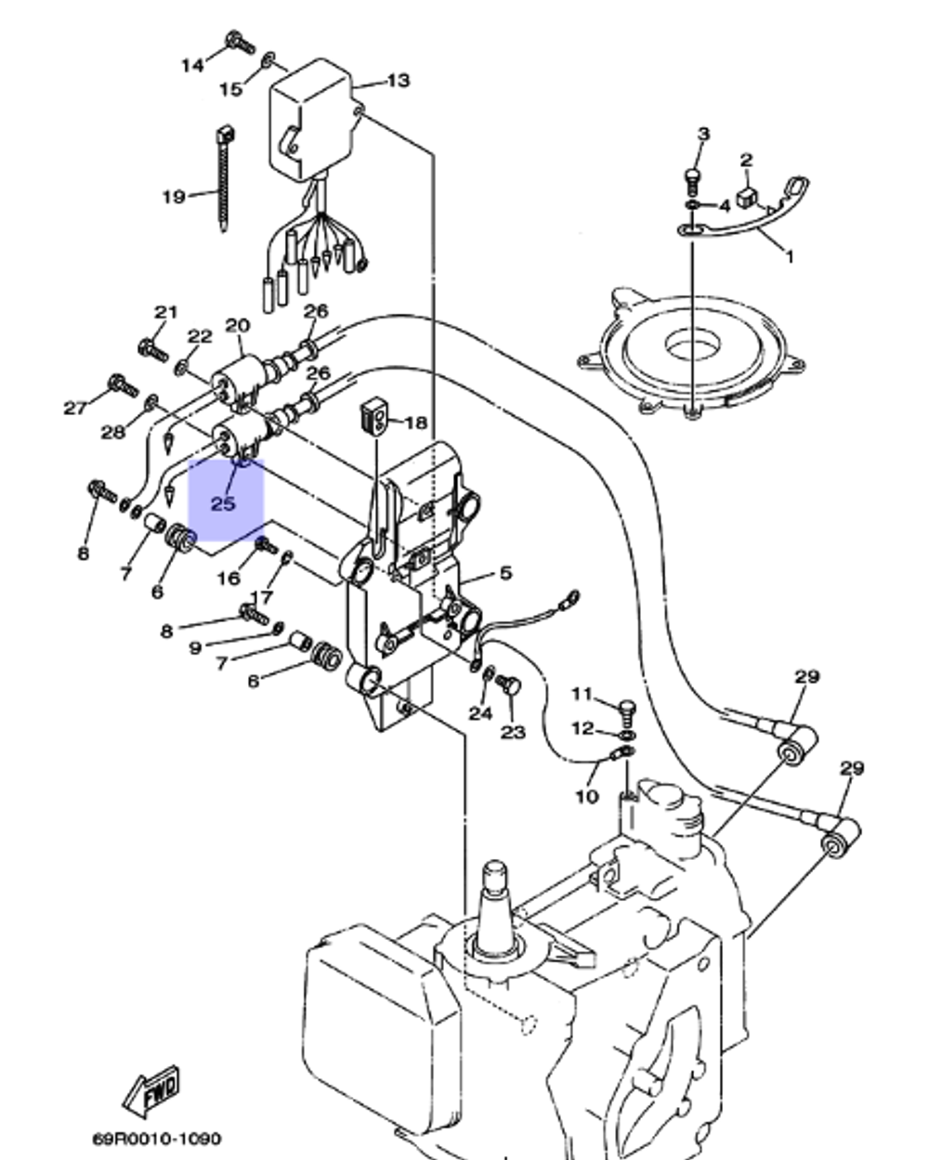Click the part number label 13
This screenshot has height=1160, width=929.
click(x=398, y=81)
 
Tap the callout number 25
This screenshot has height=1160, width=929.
click(x=223, y=504)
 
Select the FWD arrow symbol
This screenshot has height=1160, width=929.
click(x=154, y=1090)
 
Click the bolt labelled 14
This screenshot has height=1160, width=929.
click(x=239, y=42)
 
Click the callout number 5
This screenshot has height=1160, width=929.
click(x=504, y=573)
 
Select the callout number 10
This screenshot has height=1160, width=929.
click(x=586, y=796)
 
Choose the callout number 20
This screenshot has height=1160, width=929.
click(x=238, y=325)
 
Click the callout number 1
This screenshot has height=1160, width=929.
click(x=790, y=256)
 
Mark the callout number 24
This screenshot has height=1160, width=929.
click(x=479, y=713)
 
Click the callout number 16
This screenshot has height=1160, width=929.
click(x=229, y=579)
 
